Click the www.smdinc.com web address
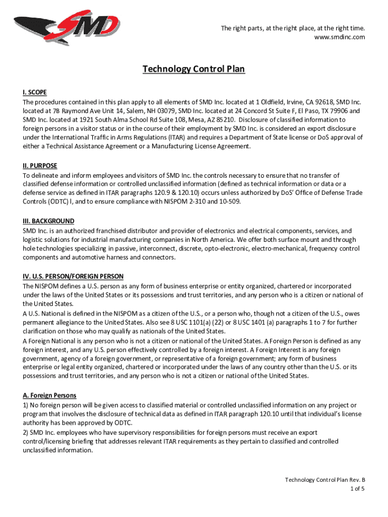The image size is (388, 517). pos(340,37)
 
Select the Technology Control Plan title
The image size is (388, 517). pos(193,69)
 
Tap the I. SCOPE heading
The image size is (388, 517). pos(35,92)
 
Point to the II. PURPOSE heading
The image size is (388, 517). pos(40,166)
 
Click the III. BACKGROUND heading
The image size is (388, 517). pos(48,221)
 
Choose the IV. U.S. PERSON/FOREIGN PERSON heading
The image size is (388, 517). pos(73,277)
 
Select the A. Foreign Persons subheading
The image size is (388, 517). pos(49,395)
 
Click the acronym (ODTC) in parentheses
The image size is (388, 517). pos(51,202)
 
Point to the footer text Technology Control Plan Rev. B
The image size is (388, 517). pos(325,480)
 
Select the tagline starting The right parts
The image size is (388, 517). pos(292,28)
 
